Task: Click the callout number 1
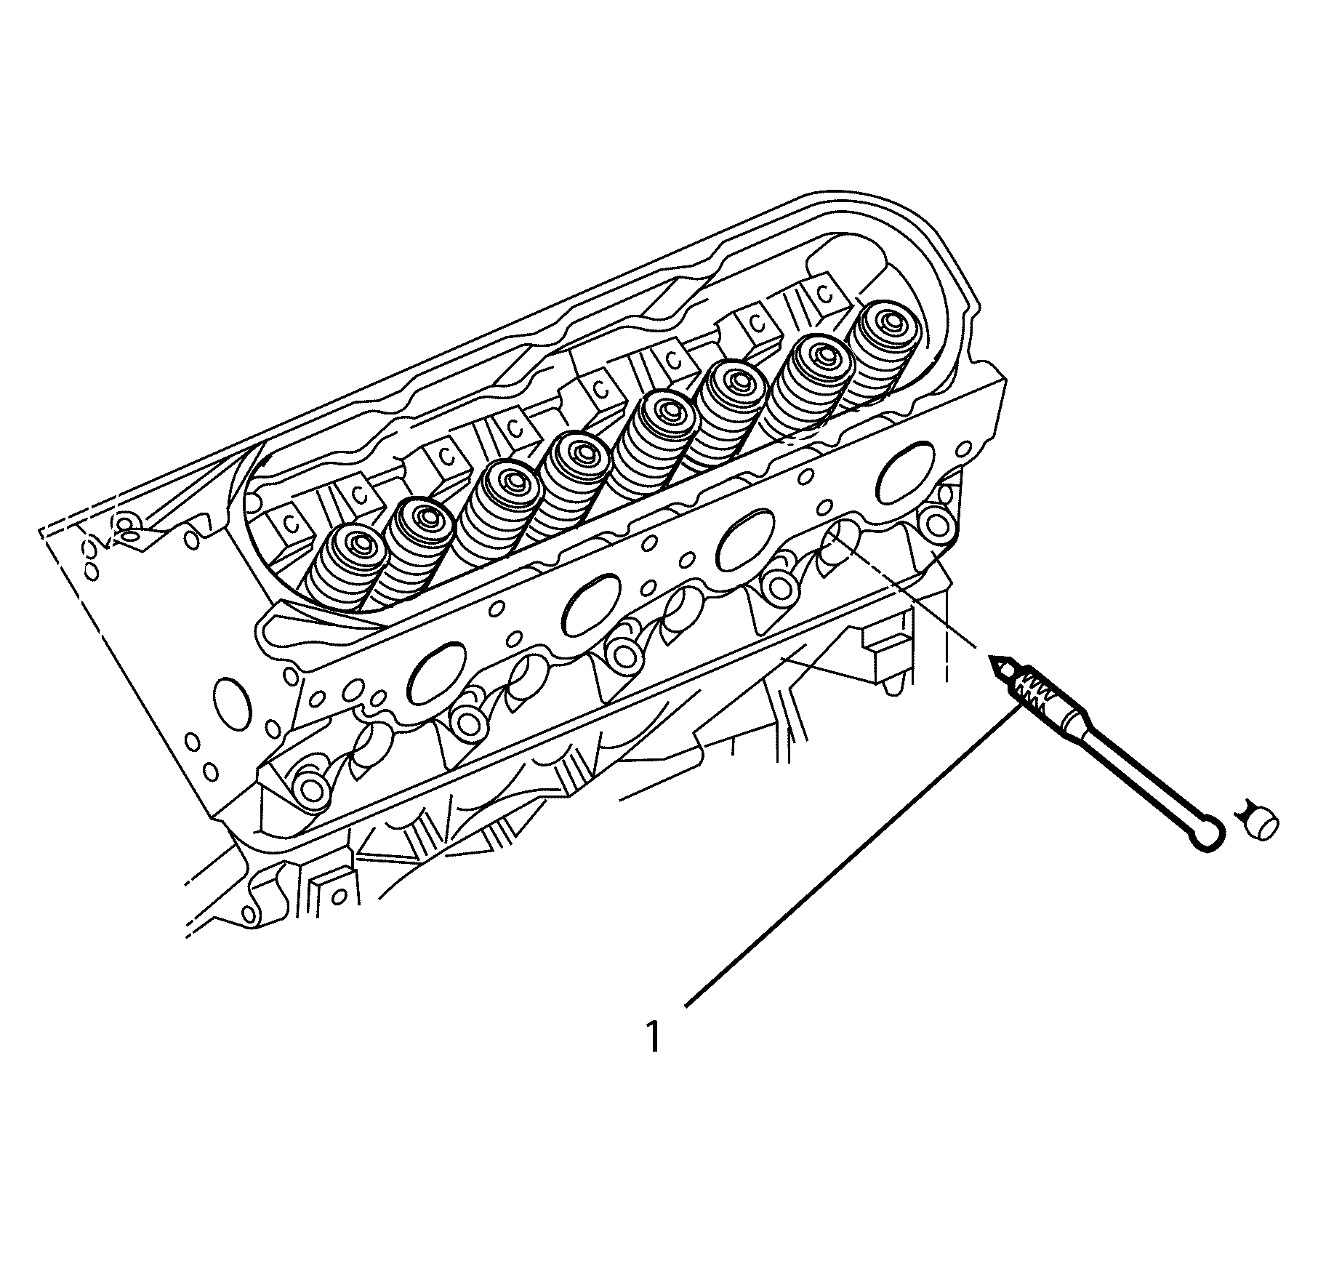[x=654, y=1038]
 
